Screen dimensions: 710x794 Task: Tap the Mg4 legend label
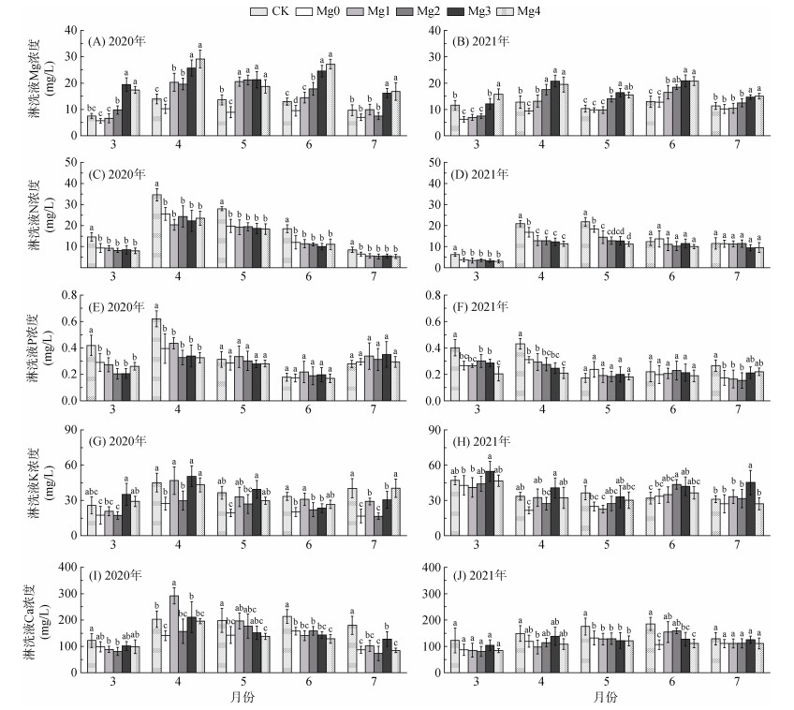(554, 10)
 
